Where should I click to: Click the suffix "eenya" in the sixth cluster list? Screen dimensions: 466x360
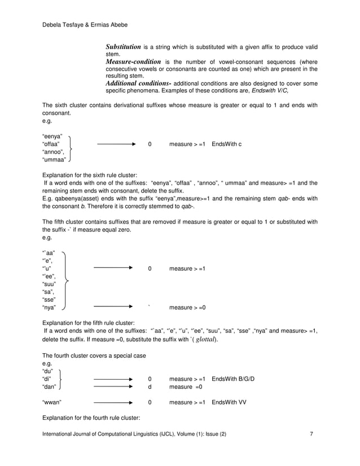[x=52, y=136]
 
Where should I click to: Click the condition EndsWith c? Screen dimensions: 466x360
[x=226, y=144]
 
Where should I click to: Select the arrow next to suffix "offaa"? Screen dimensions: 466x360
[x=116, y=144]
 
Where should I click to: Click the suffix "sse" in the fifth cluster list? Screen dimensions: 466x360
[x=50, y=300]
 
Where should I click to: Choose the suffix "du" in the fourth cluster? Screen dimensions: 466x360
[x=49, y=371]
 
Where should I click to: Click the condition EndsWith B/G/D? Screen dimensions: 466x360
[x=232, y=379]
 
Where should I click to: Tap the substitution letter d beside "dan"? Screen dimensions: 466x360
[x=150, y=387]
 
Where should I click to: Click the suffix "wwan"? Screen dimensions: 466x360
[x=52, y=402]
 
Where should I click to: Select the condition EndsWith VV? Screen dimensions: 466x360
[x=228, y=402]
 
